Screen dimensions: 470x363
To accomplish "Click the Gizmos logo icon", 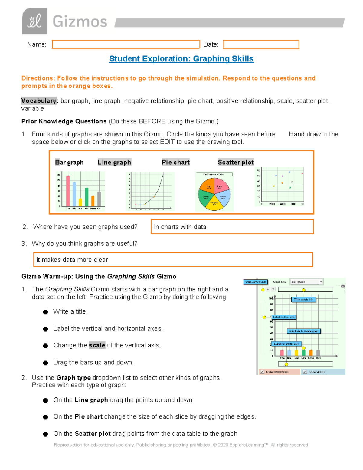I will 34,21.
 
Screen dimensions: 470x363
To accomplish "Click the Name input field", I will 126,44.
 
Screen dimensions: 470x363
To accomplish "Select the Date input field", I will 261,44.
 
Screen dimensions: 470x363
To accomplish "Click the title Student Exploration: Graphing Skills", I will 181,59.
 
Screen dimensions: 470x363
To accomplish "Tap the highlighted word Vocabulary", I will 39,101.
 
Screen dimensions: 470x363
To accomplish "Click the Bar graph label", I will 69,163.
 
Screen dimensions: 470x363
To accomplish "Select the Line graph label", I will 114,163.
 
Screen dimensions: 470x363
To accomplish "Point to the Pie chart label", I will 175,163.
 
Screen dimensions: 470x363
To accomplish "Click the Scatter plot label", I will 236,163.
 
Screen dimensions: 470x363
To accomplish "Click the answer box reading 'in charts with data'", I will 232,227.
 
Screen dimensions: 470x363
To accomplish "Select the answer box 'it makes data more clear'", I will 173,260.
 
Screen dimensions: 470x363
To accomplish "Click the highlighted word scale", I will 97,345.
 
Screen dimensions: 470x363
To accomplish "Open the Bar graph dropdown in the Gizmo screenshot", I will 306,282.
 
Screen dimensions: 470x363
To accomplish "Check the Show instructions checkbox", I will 262,372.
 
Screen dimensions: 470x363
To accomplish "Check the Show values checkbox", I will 305,372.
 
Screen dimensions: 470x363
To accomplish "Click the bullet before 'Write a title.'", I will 45,312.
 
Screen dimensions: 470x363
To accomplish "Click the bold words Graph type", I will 74,378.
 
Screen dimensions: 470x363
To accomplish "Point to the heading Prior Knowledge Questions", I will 64,121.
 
